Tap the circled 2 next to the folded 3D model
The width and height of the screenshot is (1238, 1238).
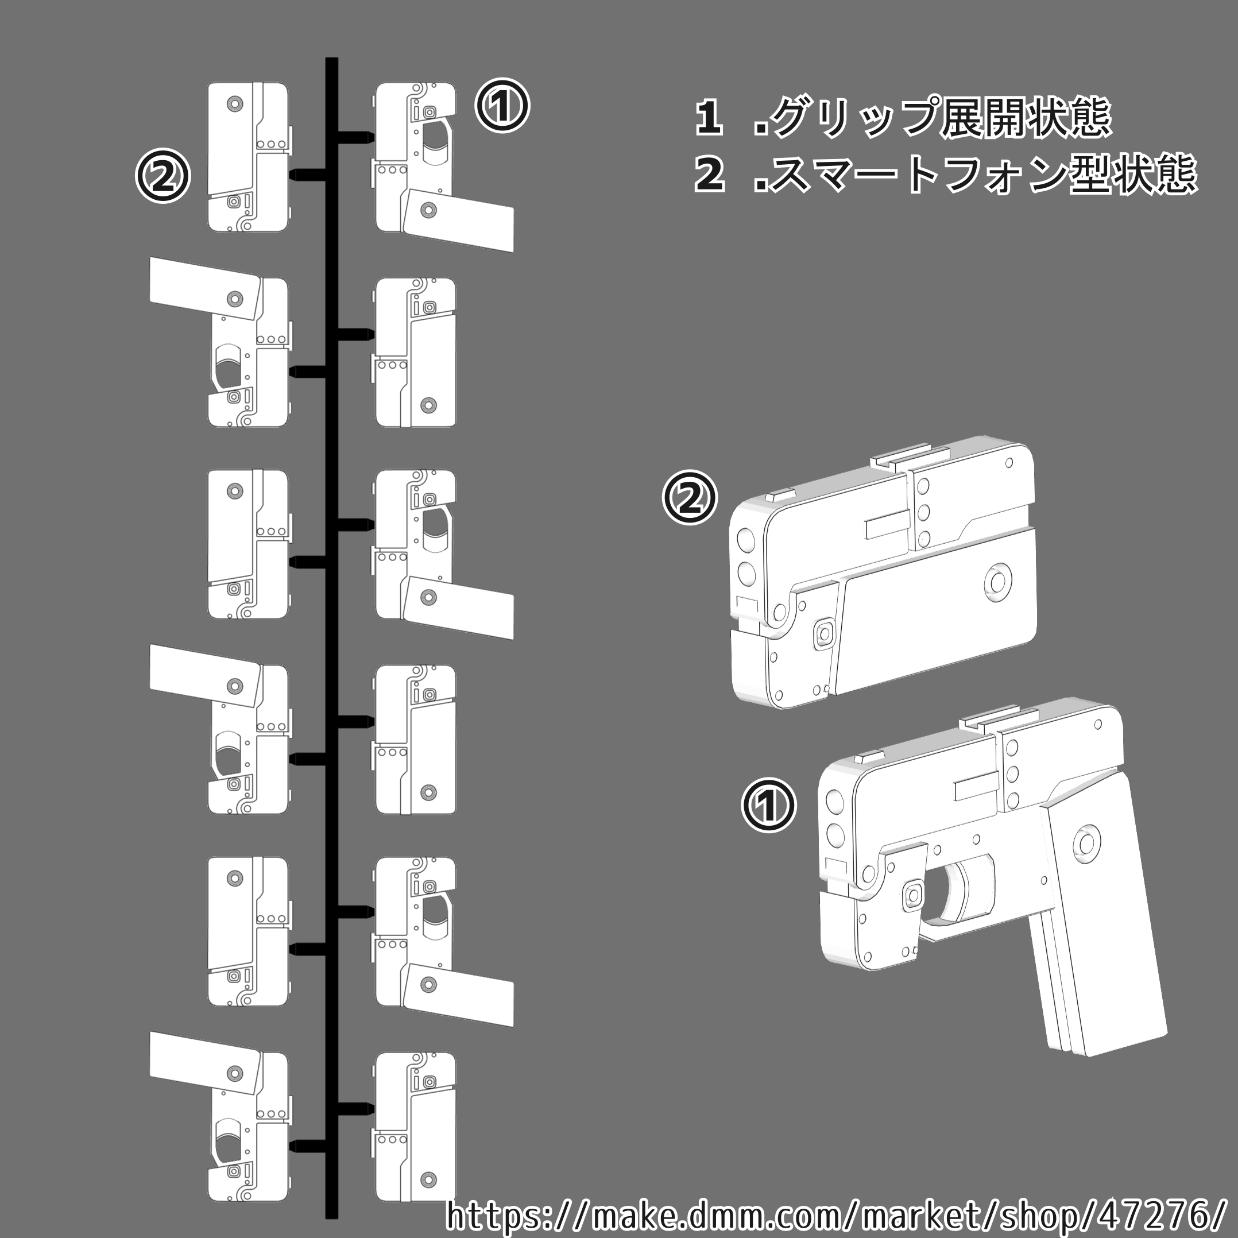click(690, 497)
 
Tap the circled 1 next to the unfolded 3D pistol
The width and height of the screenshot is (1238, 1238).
click(768, 805)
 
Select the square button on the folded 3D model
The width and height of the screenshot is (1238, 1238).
click(824, 633)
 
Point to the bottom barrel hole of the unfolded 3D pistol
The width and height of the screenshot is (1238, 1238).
click(835, 834)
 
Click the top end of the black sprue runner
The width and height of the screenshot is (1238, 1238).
click(331, 61)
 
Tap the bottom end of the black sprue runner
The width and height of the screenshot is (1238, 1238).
click(331, 1215)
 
